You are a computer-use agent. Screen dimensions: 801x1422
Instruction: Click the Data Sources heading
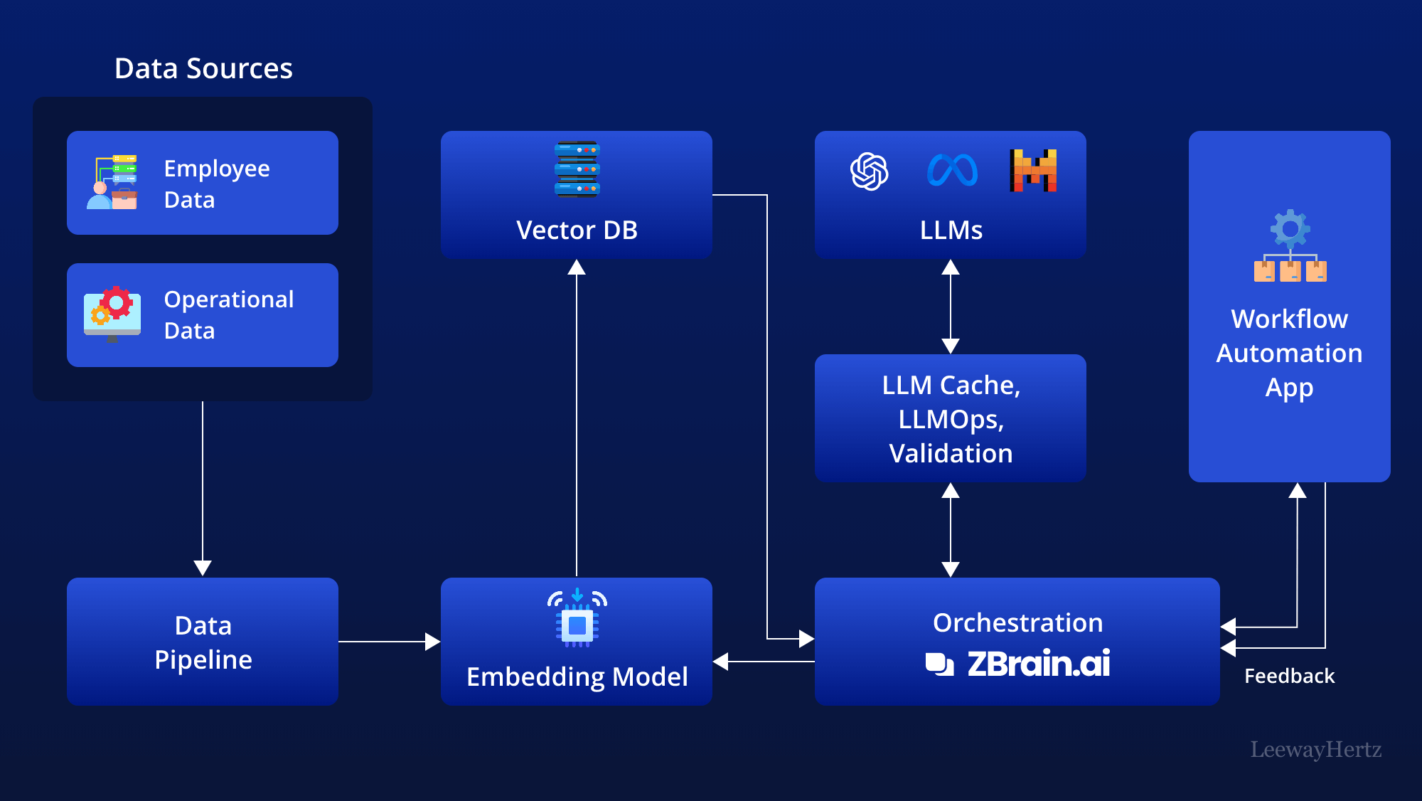point(203,68)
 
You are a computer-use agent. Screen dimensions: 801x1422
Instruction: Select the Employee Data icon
point(112,182)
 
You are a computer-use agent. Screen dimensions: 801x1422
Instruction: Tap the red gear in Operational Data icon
point(117,302)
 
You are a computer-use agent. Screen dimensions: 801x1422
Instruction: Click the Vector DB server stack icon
point(577,169)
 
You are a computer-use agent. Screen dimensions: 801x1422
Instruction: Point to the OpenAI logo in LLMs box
point(869,171)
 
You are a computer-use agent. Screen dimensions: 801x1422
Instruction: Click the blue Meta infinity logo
point(952,171)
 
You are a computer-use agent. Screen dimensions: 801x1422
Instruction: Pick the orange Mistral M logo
point(1033,171)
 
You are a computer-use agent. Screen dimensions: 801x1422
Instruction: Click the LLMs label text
point(951,230)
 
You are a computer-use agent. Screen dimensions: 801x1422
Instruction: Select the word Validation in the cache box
point(951,453)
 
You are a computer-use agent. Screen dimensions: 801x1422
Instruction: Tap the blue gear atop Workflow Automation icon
point(1290,228)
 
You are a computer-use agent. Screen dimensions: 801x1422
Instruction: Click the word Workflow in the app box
point(1289,319)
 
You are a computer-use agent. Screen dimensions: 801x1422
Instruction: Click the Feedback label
point(1289,676)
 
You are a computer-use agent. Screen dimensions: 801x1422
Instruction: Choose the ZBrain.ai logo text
point(1038,664)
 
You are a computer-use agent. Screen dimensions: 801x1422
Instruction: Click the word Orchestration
point(1017,622)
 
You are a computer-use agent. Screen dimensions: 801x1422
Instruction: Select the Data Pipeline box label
point(203,642)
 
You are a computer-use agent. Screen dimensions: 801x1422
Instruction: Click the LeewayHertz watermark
point(1315,749)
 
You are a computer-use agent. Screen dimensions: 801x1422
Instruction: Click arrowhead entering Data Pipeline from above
point(203,568)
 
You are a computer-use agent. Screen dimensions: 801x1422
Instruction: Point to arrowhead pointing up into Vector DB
point(577,267)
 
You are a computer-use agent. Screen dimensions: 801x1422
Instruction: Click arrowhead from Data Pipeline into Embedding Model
point(432,642)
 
